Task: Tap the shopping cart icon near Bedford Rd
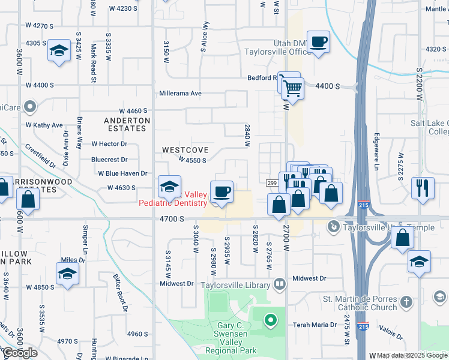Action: pyautogui.click(x=292, y=88)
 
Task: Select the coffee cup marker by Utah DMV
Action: pyautogui.click(x=318, y=42)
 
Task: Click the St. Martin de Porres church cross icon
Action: pyautogui.click(x=406, y=301)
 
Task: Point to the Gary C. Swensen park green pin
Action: pyautogui.click(x=271, y=320)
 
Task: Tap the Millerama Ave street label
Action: pyautogui.click(x=180, y=94)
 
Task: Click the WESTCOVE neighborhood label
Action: pyautogui.click(x=185, y=149)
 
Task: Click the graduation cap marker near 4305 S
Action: pyautogui.click(x=59, y=51)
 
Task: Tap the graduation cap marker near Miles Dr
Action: pyautogui.click(x=67, y=274)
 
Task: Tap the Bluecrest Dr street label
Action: pyautogui.click(x=109, y=160)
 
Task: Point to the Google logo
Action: pyautogui.click(x=20, y=353)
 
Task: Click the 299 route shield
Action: pyautogui.click(x=271, y=182)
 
